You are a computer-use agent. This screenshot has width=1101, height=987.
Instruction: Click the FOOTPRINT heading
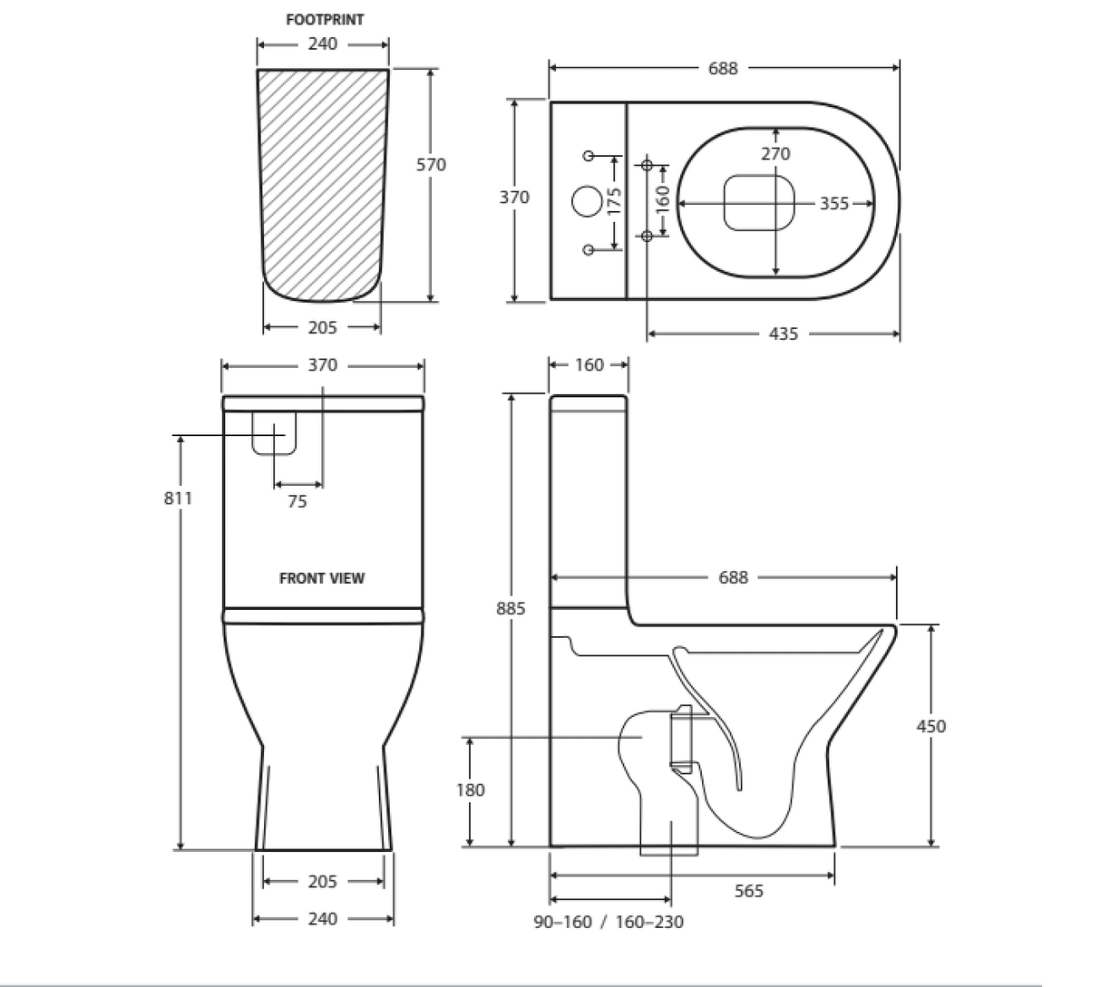pos(325,19)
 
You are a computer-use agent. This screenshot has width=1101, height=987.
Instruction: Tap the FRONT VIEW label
pos(322,578)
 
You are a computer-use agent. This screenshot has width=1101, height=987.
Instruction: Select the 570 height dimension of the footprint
pos(431,165)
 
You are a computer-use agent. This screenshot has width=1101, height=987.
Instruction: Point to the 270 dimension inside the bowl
pos(775,154)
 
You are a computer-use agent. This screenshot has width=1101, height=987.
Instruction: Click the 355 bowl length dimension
pos(834,204)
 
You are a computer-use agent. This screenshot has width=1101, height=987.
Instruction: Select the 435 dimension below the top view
pos(784,334)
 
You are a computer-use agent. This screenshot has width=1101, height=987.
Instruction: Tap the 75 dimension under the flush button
pos(297,501)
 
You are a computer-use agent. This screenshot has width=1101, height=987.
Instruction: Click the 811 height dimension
pos(179,498)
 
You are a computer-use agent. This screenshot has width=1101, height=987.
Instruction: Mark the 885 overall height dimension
pos(511,609)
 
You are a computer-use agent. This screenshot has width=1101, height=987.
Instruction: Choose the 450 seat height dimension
pos(930,726)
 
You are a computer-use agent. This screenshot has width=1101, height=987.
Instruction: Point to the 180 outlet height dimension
pos(470,790)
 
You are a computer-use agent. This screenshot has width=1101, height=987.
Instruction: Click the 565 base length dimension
pos(748,892)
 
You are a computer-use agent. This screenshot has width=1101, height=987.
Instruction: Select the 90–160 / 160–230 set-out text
pos(609,923)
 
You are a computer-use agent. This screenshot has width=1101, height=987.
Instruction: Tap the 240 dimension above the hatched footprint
pos(323,44)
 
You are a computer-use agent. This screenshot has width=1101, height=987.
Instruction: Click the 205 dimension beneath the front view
pos(322,882)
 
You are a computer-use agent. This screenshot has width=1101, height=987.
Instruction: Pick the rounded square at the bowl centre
pos(759,202)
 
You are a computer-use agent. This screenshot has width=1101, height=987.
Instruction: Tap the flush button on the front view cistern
pos(274,432)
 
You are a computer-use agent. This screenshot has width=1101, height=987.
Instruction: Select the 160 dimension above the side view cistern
pos(589,365)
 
